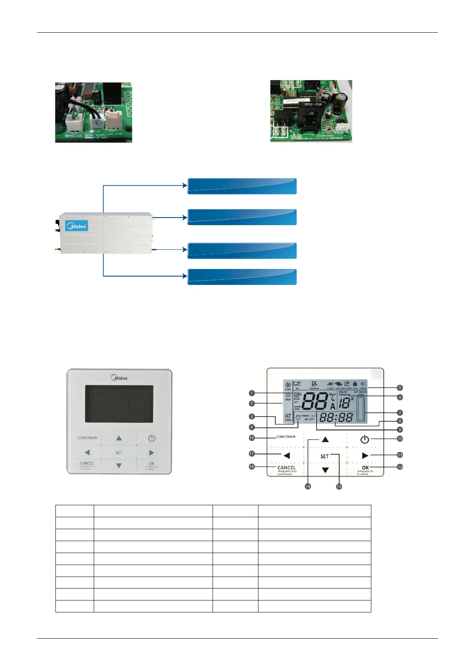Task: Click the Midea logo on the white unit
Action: pyautogui.click(x=77, y=226)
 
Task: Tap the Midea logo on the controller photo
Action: pyautogui.click(x=119, y=377)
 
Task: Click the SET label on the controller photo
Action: pyautogui.click(x=119, y=453)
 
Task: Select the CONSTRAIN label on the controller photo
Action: pyautogui.click(x=87, y=438)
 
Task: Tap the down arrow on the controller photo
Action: pyautogui.click(x=119, y=465)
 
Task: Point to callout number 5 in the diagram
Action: pyautogui.click(x=400, y=388)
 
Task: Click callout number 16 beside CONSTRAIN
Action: pyautogui.click(x=252, y=438)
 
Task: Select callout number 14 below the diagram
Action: pyautogui.click(x=308, y=486)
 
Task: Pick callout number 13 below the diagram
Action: pyautogui.click(x=339, y=487)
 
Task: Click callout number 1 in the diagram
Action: pyautogui.click(x=252, y=393)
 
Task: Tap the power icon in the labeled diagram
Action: pyautogui.click(x=365, y=439)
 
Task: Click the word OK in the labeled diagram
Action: pyautogui.click(x=365, y=468)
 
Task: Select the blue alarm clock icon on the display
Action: pyautogui.click(x=298, y=418)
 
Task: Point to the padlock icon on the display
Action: pyautogui.click(x=355, y=384)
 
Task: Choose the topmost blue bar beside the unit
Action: pyautogui.click(x=242, y=186)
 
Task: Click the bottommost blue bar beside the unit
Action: pyautogui.click(x=242, y=277)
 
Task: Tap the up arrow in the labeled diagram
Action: pyautogui.click(x=325, y=439)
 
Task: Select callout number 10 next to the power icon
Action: pyautogui.click(x=400, y=439)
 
